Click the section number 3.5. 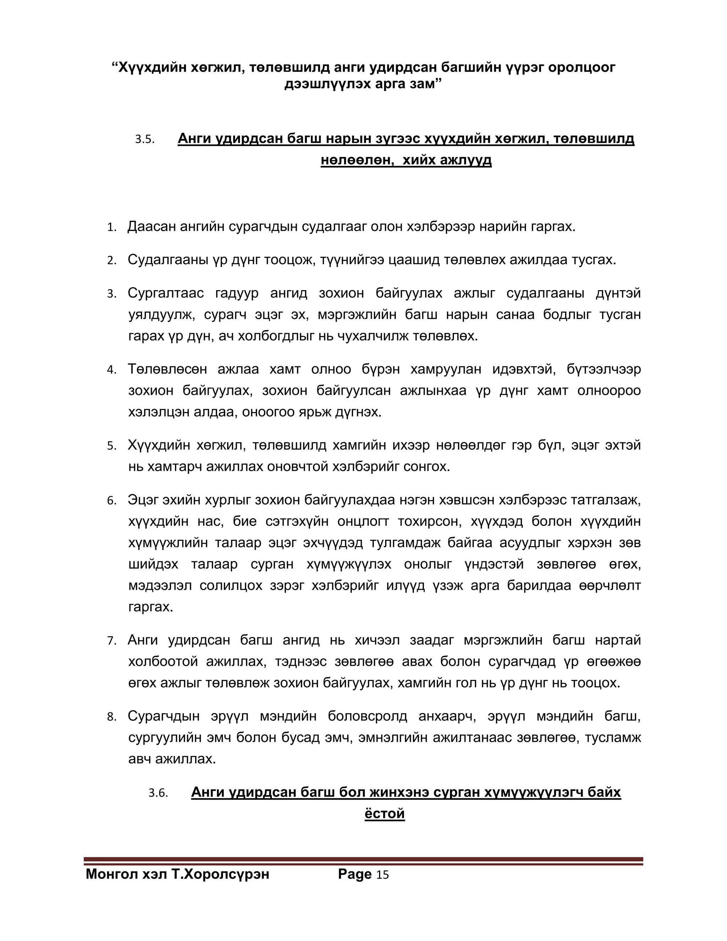(x=145, y=139)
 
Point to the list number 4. (x=111, y=370)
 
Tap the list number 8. (x=111, y=717)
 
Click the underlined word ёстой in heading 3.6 (x=384, y=814)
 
